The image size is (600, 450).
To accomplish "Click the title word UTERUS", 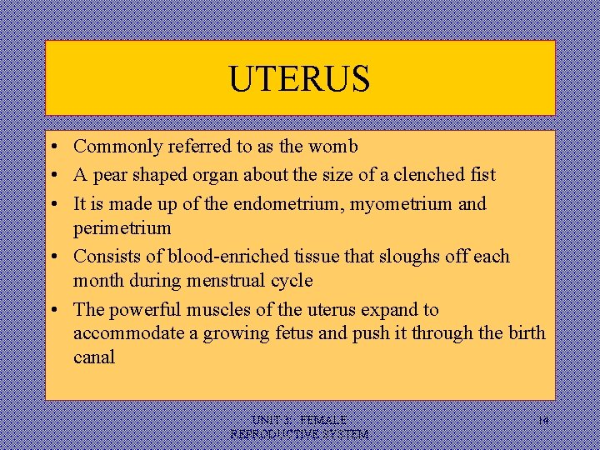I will point(299,79).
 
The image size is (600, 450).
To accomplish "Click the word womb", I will point(332,147).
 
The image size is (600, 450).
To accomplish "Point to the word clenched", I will point(416,175).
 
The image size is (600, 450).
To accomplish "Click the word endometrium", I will point(282,203).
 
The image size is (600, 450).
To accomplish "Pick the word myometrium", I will point(392,204).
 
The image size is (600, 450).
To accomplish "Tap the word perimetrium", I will point(122,227).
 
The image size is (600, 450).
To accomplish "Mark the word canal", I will point(94,357).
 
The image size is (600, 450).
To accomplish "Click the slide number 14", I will point(542,422).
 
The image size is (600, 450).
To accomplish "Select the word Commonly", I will point(116,147).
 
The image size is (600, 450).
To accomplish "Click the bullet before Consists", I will point(52,257).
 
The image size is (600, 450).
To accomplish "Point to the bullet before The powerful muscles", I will point(52,310).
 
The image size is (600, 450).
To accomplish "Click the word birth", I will point(524,333).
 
